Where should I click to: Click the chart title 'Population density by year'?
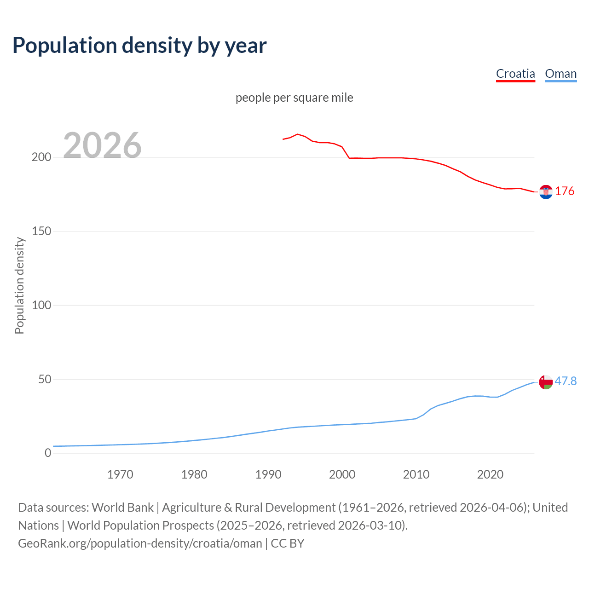pyautogui.click(x=139, y=46)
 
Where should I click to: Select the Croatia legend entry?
pyautogui.click(x=515, y=74)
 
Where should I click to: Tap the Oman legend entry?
pyautogui.click(x=560, y=74)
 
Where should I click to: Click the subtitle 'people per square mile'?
pyautogui.click(x=294, y=98)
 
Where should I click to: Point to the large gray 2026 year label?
pyautogui.click(x=102, y=145)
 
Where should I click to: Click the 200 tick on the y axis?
pyautogui.click(x=41, y=157)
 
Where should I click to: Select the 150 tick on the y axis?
pyautogui.click(x=41, y=231)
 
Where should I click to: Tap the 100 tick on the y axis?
pyautogui.click(x=41, y=305)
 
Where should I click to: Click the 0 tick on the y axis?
pyautogui.click(x=48, y=453)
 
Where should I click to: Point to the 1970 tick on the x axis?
pyautogui.click(x=120, y=474)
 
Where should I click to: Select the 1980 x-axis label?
pyautogui.click(x=194, y=474)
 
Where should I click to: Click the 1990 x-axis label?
pyautogui.click(x=268, y=474)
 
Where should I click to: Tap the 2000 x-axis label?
pyautogui.click(x=342, y=474)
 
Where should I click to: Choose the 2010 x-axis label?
pyautogui.click(x=416, y=474)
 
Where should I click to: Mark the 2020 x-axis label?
pyautogui.click(x=490, y=474)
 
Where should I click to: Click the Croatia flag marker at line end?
pyautogui.click(x=546, y=192)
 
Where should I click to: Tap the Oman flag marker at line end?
pyautogui.click(x=546, y=382)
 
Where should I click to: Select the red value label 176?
pyautogui.click(x=565, y=191)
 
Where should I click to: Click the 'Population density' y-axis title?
pyautogui.click(x=19, y=285)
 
